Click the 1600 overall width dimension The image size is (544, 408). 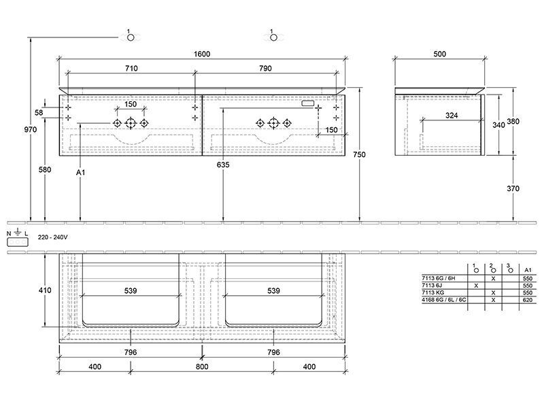coord(202,54)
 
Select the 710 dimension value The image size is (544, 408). coord(131,69)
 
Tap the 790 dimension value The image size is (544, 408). coord(265,69)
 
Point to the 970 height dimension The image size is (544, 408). coord(31,129)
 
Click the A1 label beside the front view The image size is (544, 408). coord(80,172)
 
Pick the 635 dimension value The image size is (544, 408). coord(223,165)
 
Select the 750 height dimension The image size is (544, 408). coord(360,154)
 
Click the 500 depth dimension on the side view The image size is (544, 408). coord(439,54)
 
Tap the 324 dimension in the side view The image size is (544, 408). coord(452,115)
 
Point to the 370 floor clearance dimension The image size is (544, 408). coord(513,188)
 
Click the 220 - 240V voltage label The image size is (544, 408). coord(53,237)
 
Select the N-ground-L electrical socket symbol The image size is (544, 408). coord(18,238)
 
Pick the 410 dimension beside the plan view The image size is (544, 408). coord(45,290)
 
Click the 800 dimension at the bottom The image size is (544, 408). coord(202,367)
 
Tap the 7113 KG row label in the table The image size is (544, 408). coord(433,292)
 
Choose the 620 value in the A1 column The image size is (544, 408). coord(528,300)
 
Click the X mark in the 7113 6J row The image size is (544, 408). coord(476,286)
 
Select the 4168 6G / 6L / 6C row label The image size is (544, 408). coord(444,300)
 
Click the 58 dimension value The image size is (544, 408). coord(39,112)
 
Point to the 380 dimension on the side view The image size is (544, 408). coord(513,122)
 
